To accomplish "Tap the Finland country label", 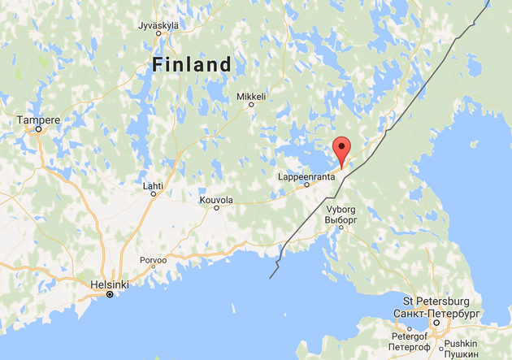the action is [191, 65].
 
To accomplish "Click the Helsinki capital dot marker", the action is [109, 294].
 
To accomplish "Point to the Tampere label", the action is [39, 120].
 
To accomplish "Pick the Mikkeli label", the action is [251, 96].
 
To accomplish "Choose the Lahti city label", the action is [153, 185].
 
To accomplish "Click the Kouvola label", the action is [216, 199].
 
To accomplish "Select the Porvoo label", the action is [153, 261].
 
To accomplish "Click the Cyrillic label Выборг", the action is [341, 219].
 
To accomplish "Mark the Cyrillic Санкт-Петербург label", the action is [436, 313].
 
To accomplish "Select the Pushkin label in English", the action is [461, 344].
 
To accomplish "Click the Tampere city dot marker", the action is [38, 129].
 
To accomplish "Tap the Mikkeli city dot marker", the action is [251, 104].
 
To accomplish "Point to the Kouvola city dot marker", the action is [216, 207].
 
